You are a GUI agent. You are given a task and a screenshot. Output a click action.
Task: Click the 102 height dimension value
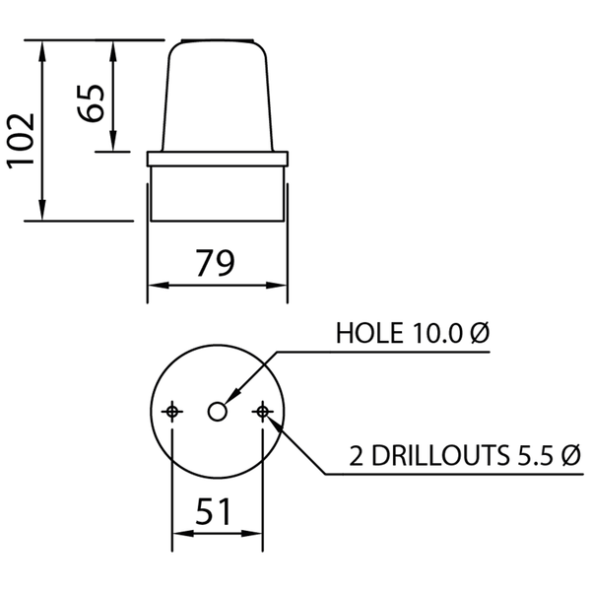click(x=22, y=140)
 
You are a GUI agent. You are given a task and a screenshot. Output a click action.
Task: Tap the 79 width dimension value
click(x=215, y=264)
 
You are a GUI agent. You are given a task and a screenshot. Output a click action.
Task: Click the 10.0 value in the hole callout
click(x=437, y=333)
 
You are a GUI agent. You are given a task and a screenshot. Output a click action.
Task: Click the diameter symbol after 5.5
click(x=568, y=456)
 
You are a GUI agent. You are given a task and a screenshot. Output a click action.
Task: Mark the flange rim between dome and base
click(x=218, y=159)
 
